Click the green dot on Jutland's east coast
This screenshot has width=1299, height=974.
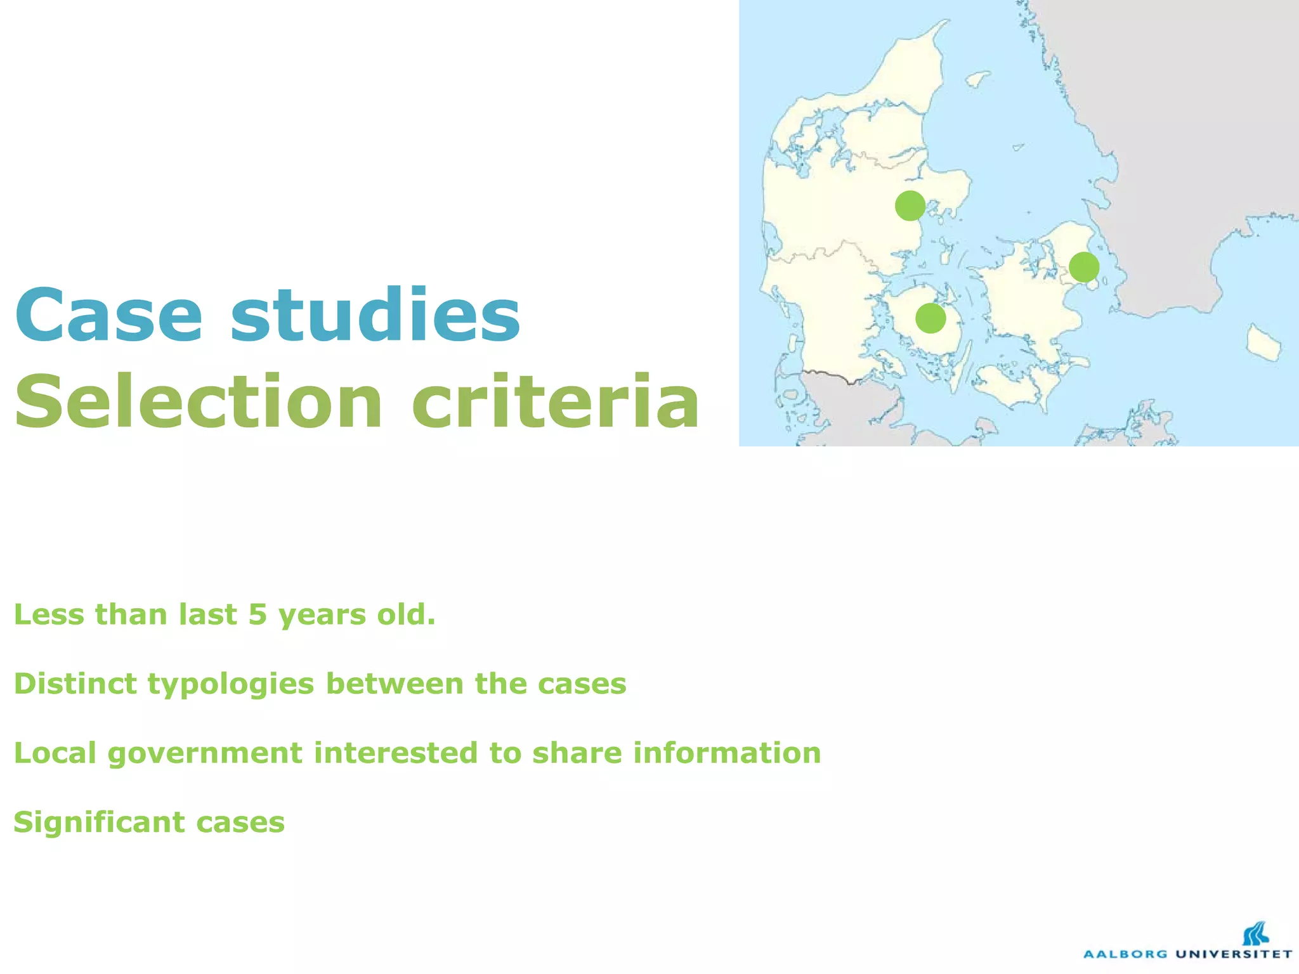(x=910, y=205)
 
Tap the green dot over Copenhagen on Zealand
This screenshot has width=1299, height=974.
(x=1083, y=267)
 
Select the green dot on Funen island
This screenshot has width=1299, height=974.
(x=930, y=318)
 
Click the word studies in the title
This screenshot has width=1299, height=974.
(x=375, y=315)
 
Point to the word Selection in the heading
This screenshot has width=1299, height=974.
(x=199, y=401)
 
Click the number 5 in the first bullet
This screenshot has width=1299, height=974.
(x=258, y=614)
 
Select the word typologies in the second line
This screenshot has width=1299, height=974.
(x=231, y=684)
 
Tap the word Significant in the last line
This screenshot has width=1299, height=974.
(x=100, y=822)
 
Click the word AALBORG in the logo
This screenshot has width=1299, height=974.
(x=1125, y=954)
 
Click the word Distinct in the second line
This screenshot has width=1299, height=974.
(x=75, y=684)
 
